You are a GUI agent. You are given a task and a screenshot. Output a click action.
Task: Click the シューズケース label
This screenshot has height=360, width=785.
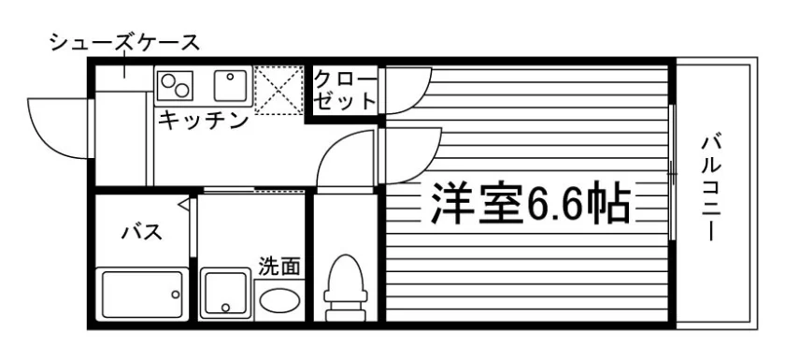(124, 43)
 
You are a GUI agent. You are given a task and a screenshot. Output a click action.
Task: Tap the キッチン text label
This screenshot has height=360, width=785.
(204, 121)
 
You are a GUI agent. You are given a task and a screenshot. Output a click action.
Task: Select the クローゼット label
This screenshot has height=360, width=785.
(345, 91)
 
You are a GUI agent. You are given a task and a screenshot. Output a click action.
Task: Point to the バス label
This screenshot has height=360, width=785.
(142, 232)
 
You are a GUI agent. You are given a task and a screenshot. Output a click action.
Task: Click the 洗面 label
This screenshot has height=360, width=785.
(279, 266)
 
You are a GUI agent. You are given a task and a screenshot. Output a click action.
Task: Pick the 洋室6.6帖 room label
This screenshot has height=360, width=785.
(530, 203)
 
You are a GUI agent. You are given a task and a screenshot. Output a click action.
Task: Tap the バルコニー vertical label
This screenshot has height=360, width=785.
(711, 188)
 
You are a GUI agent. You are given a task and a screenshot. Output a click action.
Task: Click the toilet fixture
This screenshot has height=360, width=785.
(345, 287)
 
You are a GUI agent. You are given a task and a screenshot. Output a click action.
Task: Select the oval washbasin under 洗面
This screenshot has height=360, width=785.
(279, 299)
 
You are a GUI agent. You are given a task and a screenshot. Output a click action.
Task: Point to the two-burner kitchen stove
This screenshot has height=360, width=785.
(176, 85)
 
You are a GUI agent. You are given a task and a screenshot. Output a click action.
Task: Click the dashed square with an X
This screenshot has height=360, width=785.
(278, 89)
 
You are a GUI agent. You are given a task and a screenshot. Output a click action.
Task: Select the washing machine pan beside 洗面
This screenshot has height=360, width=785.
(225, 294)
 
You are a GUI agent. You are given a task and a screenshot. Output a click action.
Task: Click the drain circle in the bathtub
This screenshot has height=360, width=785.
(176, 295)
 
